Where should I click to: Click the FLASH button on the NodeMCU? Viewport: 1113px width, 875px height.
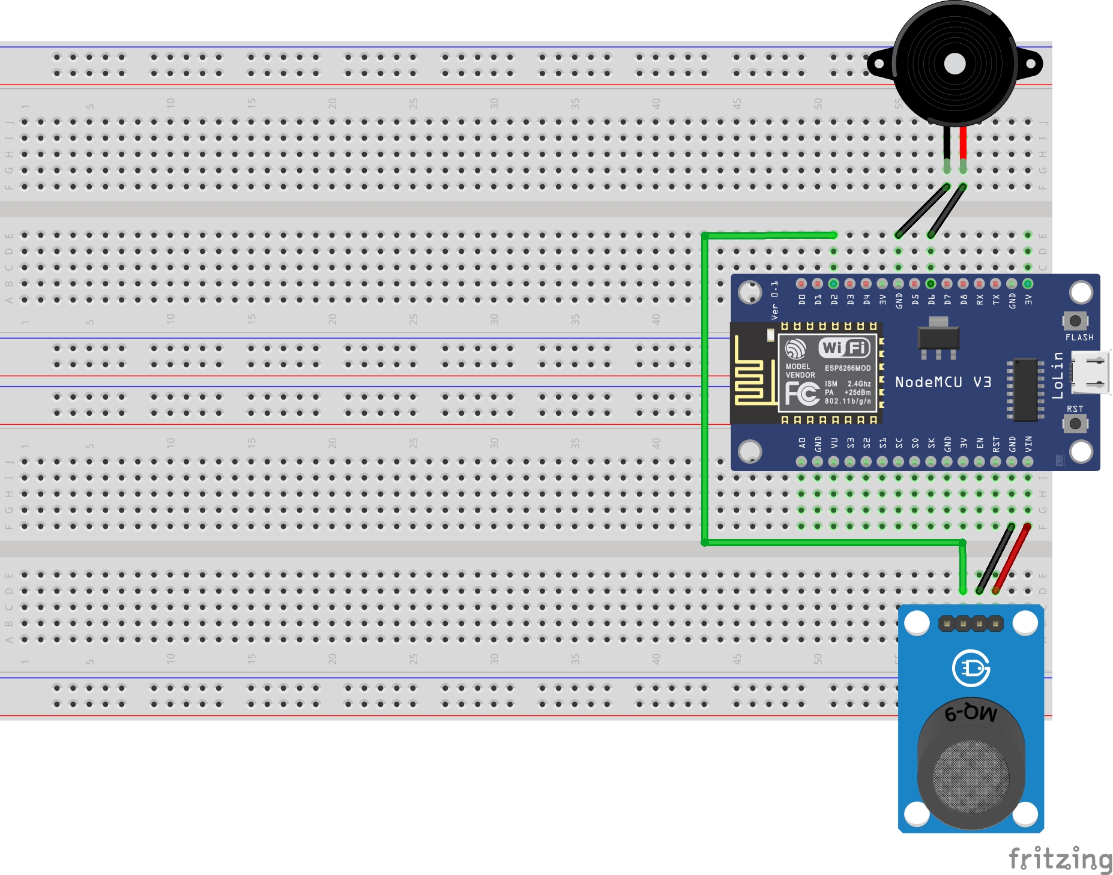1075,320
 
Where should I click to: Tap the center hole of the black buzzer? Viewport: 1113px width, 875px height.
955,64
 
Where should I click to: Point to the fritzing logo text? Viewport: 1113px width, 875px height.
1060,859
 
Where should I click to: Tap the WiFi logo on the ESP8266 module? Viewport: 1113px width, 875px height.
845,347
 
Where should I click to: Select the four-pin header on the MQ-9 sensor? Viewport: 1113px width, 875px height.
971,624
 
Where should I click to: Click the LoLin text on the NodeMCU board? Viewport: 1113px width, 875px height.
1058,376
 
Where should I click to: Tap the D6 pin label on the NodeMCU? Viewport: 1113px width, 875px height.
931,299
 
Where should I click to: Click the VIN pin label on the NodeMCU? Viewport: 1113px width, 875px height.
1028,444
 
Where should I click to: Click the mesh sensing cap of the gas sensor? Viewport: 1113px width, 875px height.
971,774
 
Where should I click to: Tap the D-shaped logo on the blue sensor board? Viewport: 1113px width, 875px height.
971,668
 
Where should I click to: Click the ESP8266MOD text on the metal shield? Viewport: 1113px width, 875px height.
847,368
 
